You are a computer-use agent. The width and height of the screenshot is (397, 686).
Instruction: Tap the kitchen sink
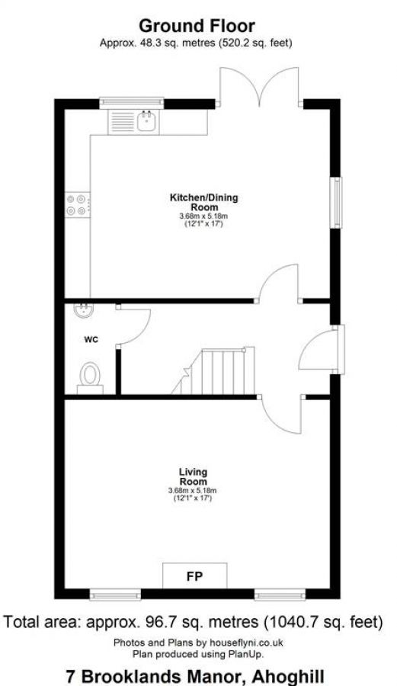pyautogui.click(x=133, y=120)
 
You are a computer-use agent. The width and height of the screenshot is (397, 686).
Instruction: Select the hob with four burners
pyautogui.click(x=76, y=202)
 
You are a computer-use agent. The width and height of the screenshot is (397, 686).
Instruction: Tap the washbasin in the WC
pyautogui.click(x=84, y=311)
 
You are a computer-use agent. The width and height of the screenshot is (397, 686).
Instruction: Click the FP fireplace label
pyautogui.click(x=195, y=576)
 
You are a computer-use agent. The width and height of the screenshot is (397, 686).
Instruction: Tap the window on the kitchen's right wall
pyautogui.click(x=335, y=202)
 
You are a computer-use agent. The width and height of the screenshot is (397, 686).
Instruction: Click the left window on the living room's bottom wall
pyautogui.click(x=115, y=594)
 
